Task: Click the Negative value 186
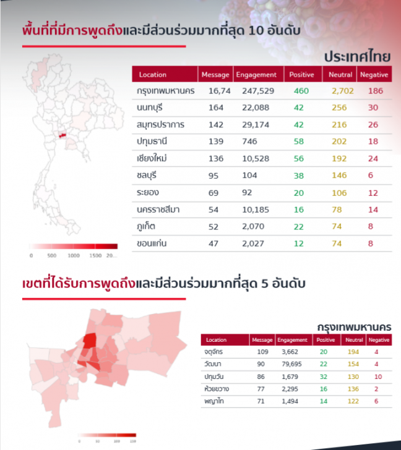pos(375,91)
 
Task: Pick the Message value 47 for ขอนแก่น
pos(213,243)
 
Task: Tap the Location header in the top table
pos(153,75)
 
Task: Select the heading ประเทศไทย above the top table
pos(358,56)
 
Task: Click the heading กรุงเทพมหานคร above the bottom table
pos(353,326)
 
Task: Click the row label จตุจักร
pos(213,352)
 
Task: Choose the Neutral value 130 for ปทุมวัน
pos(353,376)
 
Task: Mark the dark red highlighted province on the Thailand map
pos(63,134)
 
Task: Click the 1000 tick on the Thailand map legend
pos(74,255)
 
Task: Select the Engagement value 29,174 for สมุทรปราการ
pos(254,124)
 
